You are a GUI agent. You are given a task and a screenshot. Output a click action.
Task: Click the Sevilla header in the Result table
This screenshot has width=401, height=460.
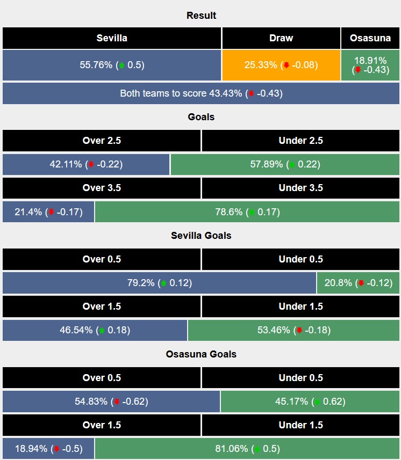click(x=112, y=38)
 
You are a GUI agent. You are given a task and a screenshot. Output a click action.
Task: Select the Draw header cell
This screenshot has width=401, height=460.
click(x=281, y=38)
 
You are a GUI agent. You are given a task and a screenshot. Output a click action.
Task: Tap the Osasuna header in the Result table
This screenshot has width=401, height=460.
click(x=370, y=38)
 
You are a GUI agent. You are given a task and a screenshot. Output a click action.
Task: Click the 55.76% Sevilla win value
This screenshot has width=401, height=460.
click(x=112, y=65)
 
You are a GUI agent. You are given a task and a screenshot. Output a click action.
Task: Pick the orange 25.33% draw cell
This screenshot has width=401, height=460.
click(x=281, y=65)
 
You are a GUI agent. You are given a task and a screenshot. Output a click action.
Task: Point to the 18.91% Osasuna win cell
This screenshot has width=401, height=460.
click(x=370, y=65)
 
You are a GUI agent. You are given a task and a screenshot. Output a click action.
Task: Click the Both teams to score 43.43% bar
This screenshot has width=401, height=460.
click(x=200, y=93)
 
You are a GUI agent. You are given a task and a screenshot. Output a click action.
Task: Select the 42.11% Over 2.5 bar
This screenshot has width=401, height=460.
click(x=86, y=164)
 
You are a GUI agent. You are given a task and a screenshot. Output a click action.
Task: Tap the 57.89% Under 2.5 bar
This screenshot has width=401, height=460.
click(x=285, y=164)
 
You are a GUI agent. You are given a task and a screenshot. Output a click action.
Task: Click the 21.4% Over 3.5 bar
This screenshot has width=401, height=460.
click(x=48, y=211)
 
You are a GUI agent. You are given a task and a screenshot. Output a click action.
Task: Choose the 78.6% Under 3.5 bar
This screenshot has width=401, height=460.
click(x=247, y=211)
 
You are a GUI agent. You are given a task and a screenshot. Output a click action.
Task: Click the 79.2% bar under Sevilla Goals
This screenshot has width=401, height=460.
click(x=159, y=283)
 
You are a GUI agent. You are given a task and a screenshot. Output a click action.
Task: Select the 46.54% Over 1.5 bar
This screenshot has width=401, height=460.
click(x=95, y=330)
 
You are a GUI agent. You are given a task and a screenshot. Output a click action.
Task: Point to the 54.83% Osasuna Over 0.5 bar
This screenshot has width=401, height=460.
click(x=111, y=401)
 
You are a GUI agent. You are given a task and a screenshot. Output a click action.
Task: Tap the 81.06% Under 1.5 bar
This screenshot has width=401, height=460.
click(x=247, y=448)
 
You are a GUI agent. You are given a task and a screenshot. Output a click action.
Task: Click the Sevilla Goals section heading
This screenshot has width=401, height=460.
click(x=200, y=235)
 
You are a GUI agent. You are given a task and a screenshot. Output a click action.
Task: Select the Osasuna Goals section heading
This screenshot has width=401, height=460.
click(x=200, y=354)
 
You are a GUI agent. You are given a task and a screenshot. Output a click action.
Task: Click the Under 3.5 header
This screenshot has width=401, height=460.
click(x=300, y=188)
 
